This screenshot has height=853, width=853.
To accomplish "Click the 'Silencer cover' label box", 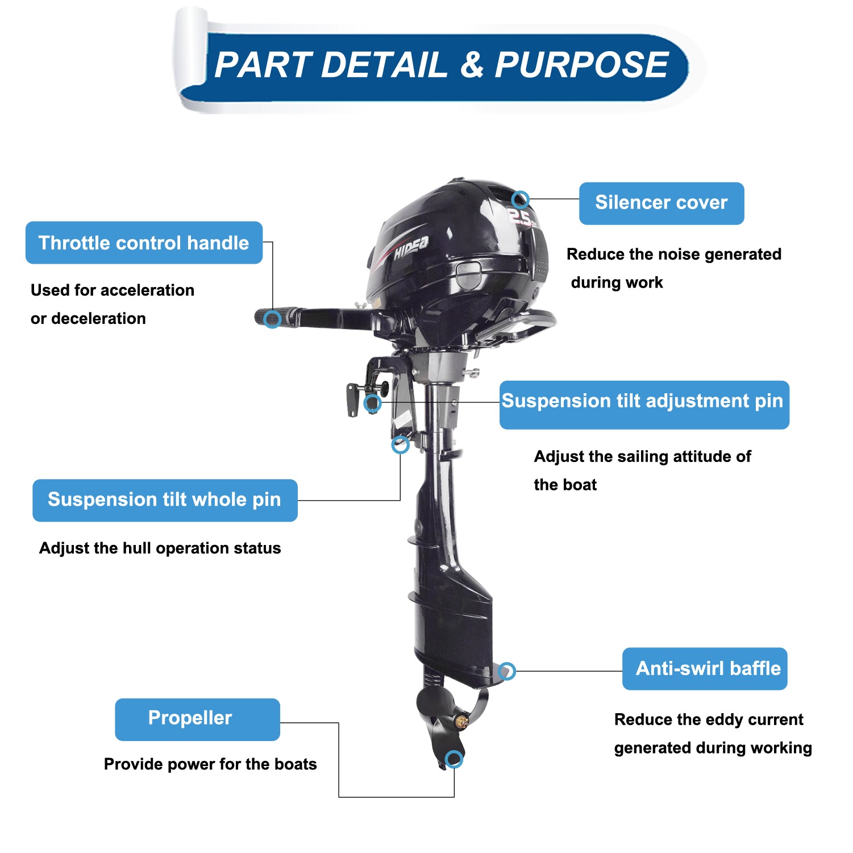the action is point(661,203).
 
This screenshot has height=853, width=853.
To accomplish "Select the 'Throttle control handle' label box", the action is point(144,243).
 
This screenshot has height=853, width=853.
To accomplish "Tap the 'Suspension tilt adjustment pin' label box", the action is point(644,405).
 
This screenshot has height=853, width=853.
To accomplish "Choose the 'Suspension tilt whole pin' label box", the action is point(165,500).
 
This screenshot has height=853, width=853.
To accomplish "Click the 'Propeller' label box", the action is point(197,719).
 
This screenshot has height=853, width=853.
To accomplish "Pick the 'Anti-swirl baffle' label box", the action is point(705,669).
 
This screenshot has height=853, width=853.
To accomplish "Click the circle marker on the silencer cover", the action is point(521,199).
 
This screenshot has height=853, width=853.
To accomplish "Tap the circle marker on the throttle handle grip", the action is point(273,319).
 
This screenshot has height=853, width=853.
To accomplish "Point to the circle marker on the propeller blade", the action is point(454,759).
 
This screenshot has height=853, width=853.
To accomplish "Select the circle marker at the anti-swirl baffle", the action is point(507,671).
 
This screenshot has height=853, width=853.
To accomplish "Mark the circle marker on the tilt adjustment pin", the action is point(373,403).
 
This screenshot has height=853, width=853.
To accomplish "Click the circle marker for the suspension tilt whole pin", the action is point(401,444).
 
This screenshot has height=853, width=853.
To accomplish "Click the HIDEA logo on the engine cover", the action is point(411,248).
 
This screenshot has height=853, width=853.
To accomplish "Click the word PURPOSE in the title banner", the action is point(581,64).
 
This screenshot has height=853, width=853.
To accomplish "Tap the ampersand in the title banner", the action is point(472,64).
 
